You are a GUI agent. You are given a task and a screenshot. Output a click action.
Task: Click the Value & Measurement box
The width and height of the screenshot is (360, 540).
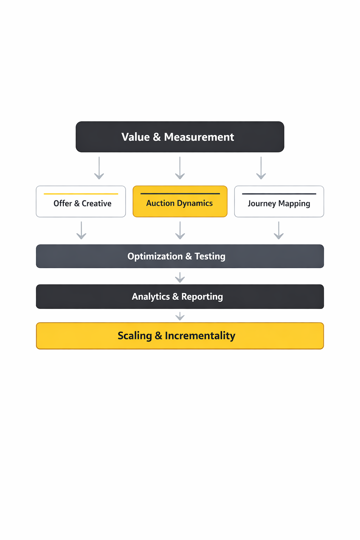[180, 137]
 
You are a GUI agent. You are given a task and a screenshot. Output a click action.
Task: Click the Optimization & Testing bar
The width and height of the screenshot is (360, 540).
[180, 256]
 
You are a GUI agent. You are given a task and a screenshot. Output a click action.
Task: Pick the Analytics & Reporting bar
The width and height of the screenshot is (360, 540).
[180, 296]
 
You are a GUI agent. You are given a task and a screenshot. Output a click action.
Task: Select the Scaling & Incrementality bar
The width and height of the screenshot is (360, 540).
[180, 336]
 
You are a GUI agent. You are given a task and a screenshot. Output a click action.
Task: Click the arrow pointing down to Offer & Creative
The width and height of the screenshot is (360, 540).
[99, 168]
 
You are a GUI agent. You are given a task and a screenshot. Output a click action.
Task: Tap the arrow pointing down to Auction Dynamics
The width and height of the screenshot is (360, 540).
[180, 168]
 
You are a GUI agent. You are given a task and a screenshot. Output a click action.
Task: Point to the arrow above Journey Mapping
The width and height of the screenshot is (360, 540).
[261, 168]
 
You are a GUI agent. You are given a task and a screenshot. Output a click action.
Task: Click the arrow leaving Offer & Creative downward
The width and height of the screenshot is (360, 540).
[81, 230]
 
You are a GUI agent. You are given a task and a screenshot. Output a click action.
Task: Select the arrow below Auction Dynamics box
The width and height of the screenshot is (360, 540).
[180, 230]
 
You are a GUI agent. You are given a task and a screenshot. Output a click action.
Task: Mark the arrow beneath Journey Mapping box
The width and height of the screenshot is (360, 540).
[279, 230]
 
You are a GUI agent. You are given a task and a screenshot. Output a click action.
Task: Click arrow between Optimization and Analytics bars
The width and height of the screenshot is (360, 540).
[180, 277]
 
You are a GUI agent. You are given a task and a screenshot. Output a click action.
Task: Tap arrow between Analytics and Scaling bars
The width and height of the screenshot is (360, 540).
[180, 316]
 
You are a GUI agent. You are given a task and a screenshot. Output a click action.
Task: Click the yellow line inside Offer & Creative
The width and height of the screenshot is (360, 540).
[81, 194]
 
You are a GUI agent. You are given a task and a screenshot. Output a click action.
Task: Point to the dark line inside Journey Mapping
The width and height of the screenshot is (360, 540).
[279, 194]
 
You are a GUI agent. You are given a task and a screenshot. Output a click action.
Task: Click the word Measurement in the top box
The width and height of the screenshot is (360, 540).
[199, 137]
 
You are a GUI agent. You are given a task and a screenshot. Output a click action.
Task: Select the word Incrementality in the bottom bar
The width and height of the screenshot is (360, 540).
[200, 336]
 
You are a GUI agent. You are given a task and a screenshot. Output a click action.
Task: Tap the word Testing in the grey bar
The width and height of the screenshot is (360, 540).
[210, 256]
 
